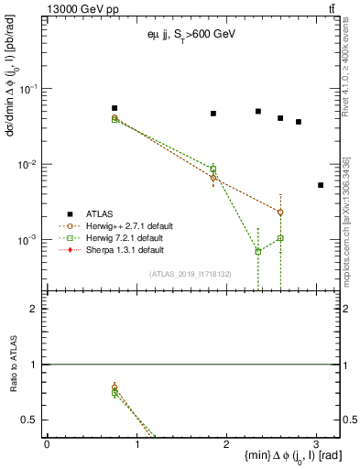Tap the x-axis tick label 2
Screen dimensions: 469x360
(x=226, y=442)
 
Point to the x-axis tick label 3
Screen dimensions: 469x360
(x=316, y=442)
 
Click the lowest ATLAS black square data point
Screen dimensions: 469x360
(x=321, y=185)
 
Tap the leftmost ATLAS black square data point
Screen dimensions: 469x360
(x=115, y=108)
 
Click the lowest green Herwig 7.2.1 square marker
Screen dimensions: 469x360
(x=258, y=251)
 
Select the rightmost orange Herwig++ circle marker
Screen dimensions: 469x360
(x=280, y=212)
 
